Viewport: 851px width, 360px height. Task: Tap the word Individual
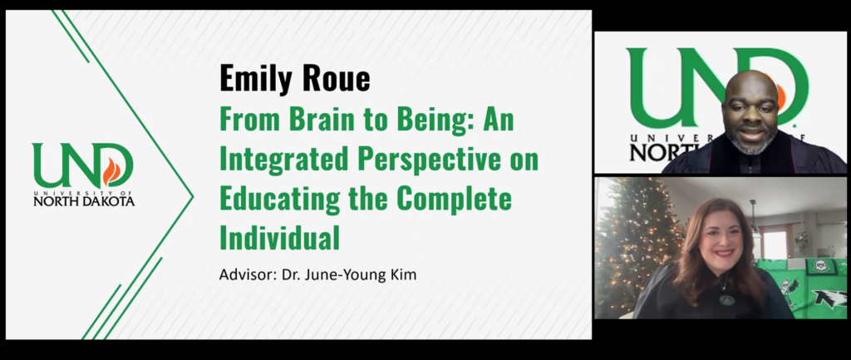coord(279,239)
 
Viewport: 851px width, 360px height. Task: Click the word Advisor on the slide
coord(246,274)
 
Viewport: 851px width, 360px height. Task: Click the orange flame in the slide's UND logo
coord(111,171)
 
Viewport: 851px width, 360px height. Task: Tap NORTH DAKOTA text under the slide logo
coord(84,200)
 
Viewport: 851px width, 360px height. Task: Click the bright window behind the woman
coord(775,242)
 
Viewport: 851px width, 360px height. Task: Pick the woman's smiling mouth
coord(721,252)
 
